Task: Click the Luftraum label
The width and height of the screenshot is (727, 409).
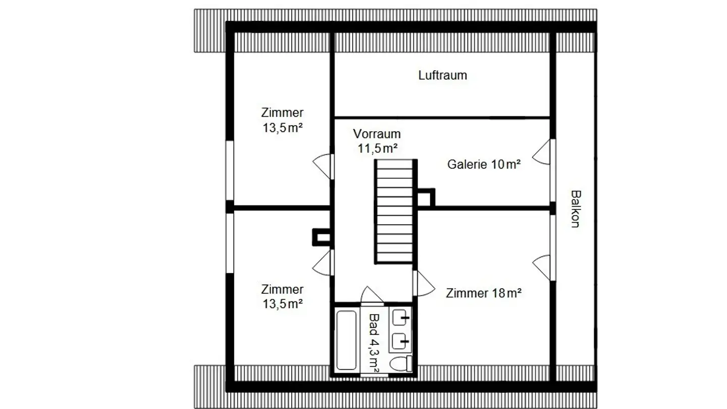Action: point(442,76)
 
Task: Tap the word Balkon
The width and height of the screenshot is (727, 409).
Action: point(575,209)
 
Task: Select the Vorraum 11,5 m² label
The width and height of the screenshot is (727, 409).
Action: point(377,141)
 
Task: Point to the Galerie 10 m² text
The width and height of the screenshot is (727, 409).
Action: point(484,165)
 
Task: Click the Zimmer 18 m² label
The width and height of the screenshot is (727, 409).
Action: point(483,293)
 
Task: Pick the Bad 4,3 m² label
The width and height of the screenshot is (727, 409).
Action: point(375,343)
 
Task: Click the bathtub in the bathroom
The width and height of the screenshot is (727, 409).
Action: point(346,340)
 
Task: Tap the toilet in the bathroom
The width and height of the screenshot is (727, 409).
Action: point(401,363)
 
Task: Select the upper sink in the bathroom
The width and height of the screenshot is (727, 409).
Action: point(401,318)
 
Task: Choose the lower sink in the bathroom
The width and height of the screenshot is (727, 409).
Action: point(400,341)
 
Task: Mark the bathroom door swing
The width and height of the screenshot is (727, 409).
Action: point(372,296)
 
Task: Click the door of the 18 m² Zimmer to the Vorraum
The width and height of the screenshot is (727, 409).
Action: point(424,284)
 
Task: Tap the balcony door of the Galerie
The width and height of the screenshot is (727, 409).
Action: point(543,152)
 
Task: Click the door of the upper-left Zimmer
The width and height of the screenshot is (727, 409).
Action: point(323,166)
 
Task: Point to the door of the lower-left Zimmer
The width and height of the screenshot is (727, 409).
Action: point(323,263)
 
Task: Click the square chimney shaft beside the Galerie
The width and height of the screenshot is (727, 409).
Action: point(426,197)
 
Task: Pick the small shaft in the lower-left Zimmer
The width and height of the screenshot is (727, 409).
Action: point(322,237)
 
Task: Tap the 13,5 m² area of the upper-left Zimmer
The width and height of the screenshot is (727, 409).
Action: point(282,128)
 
